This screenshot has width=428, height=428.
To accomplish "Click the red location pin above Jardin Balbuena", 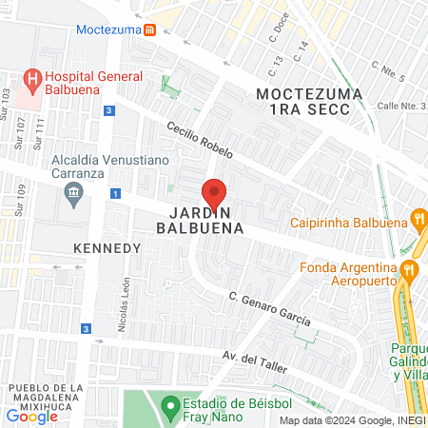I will [x=214, y=194].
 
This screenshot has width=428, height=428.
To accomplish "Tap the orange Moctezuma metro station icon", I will [x=150, y=29].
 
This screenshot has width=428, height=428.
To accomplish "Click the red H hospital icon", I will [x=32, y=78].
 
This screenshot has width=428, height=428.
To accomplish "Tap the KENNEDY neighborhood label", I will [x=107, y=247].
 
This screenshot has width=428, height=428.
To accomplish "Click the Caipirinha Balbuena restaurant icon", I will [x=418, y=221].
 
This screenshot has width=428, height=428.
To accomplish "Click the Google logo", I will [x=32, y=416].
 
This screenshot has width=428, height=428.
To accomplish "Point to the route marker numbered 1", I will [x=115, y=194].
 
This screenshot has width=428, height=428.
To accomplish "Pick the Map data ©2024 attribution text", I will [x=352, y=420].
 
